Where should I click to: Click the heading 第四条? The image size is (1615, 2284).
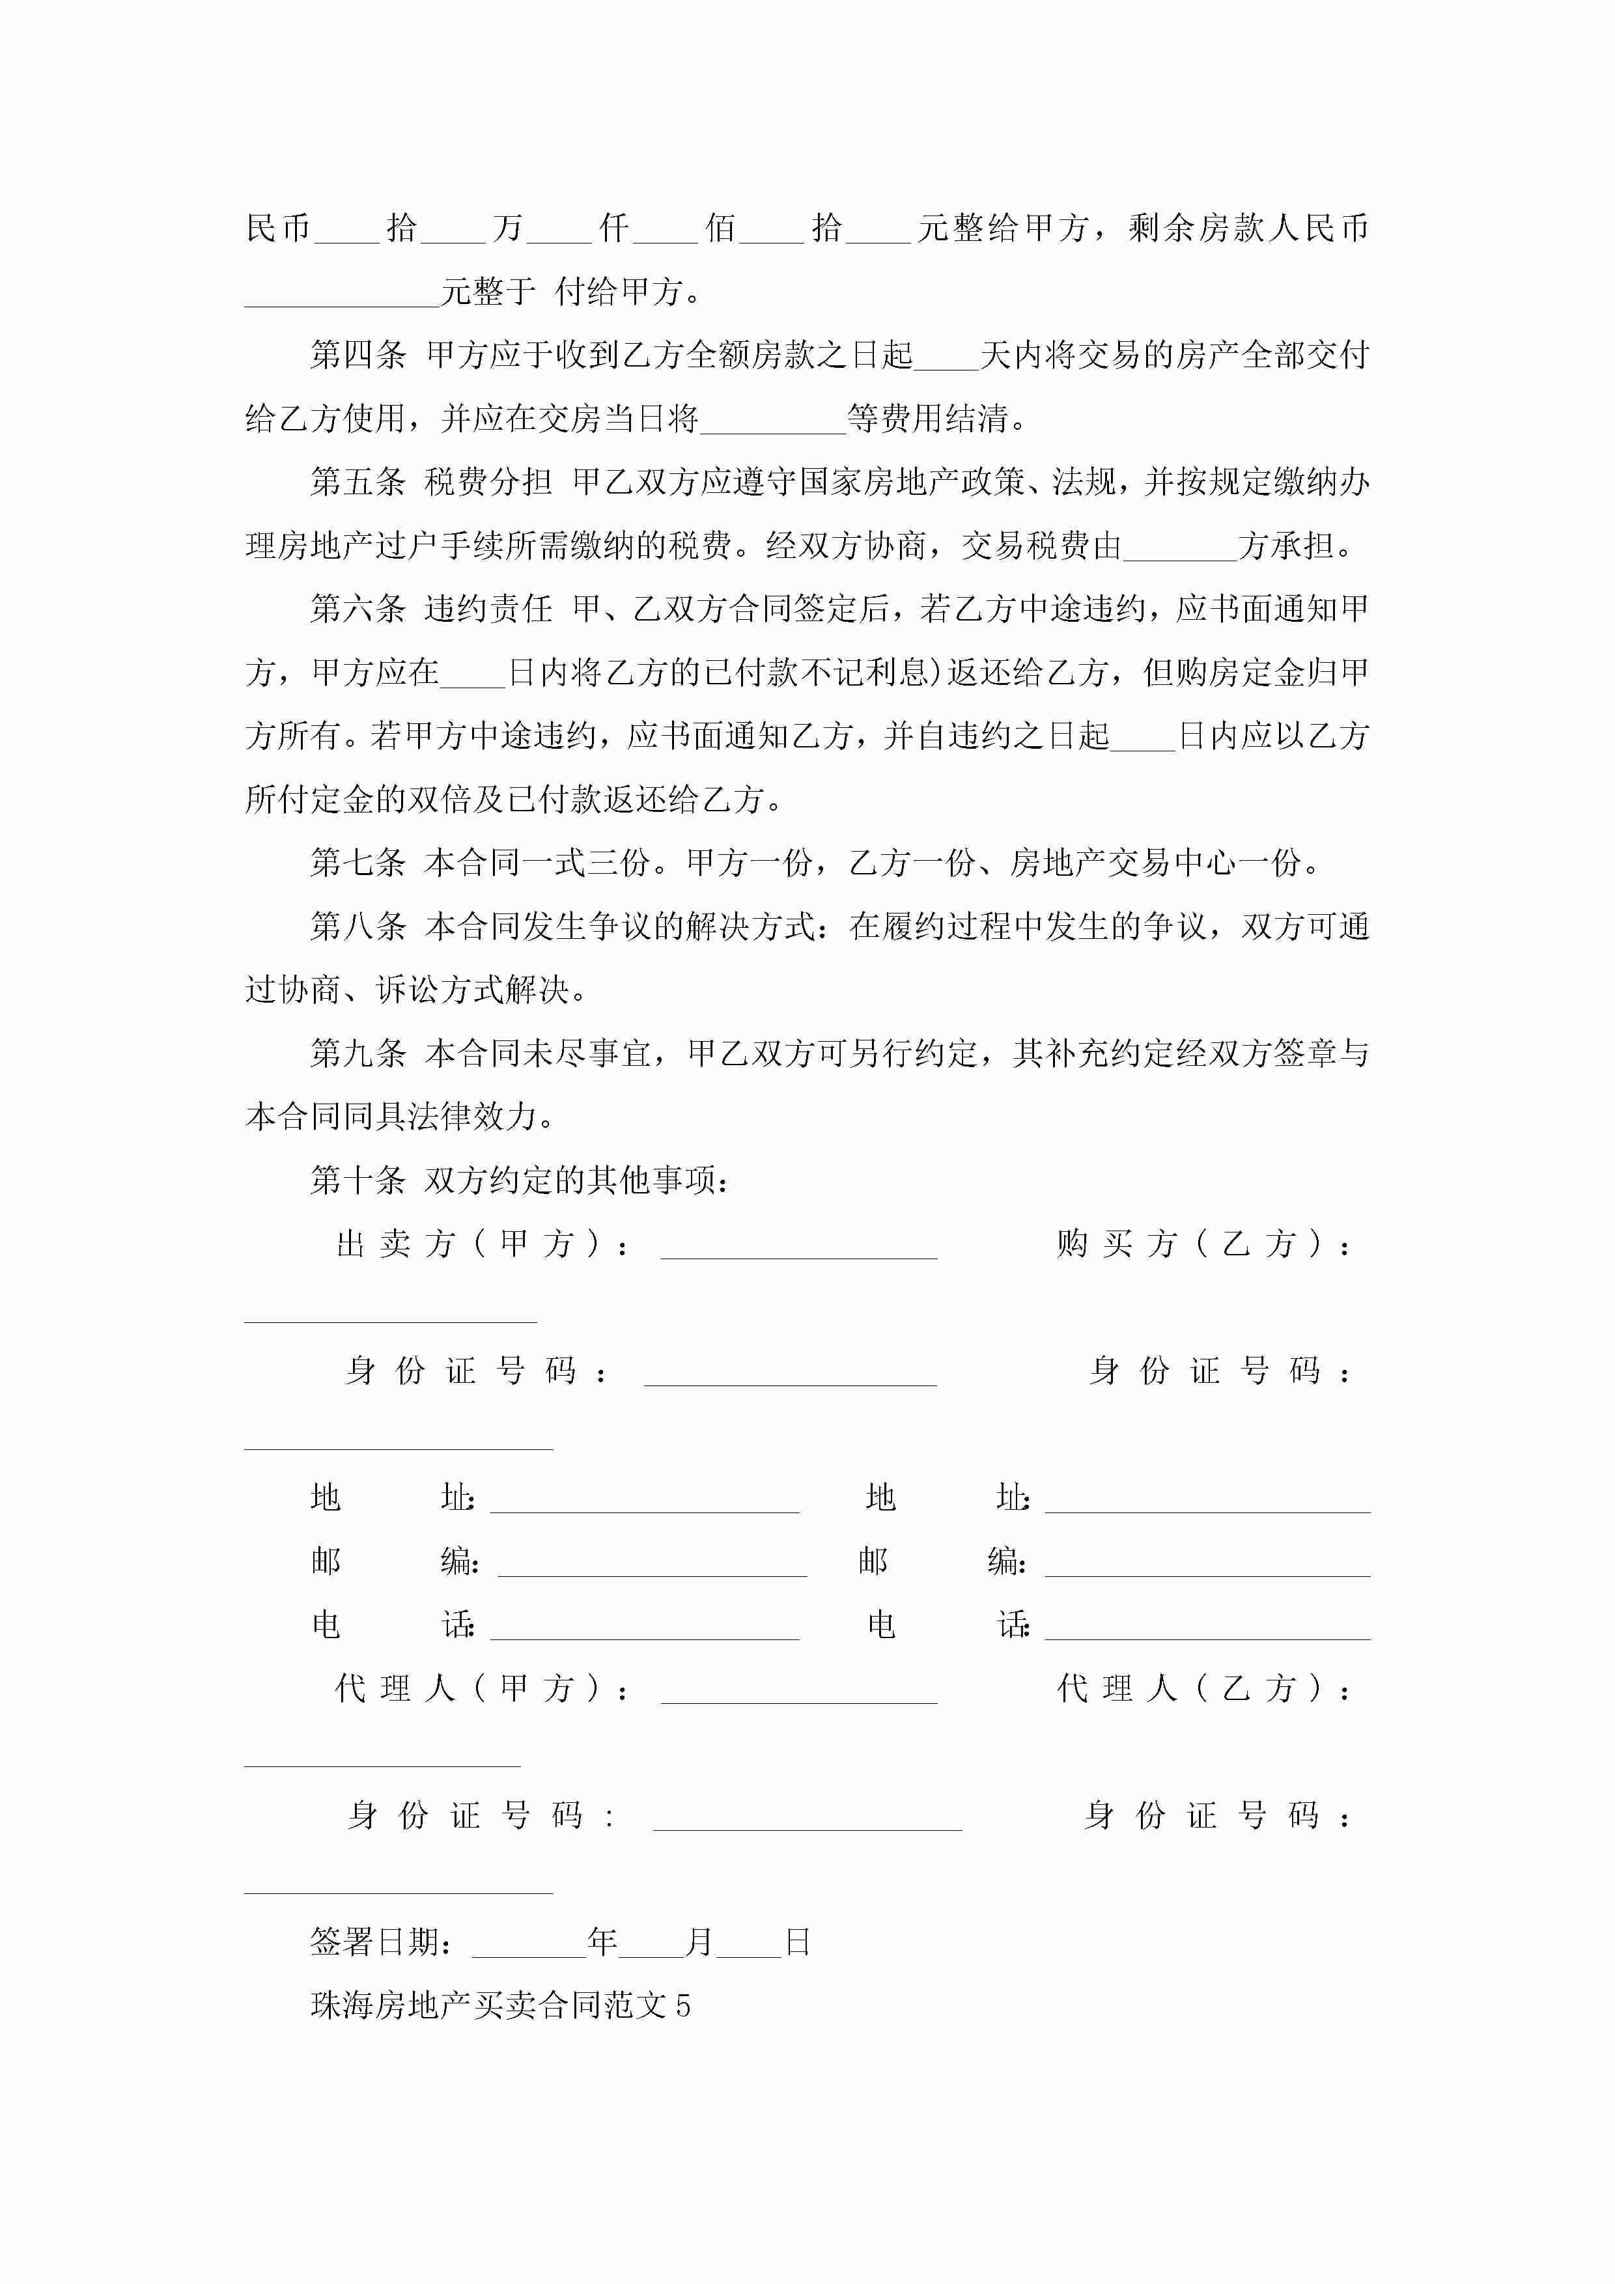(x=358, y=355)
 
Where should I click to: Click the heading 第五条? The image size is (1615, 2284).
(x=358, y=482)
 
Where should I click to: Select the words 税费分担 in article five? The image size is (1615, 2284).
(x=488, y=482)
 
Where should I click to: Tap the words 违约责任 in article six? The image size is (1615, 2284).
(x=488, y=609)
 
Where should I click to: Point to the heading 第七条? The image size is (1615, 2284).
(x=358, y=863)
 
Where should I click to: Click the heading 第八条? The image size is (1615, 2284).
(x=358, y=926)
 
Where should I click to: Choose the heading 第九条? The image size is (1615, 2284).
(x=358, y=1053)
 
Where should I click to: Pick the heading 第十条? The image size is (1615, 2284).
(x=358, y=1181)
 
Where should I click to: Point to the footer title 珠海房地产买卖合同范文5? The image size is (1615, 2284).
(x=501, y=2005)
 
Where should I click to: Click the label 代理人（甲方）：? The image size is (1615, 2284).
(x=483, y=1689)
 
